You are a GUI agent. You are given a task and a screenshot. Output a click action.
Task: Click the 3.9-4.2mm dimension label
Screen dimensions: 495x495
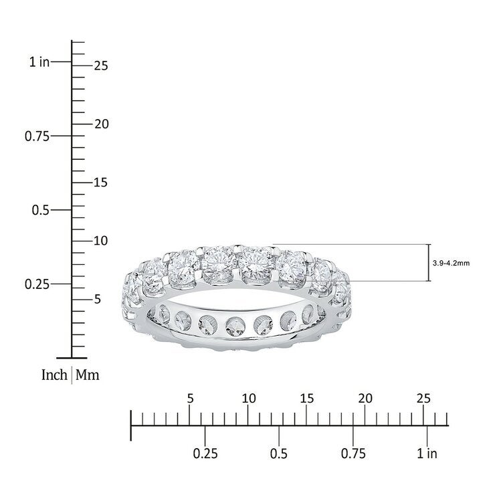[451, 263]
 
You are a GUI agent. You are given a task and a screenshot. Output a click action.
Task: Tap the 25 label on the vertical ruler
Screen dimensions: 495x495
[101, 66]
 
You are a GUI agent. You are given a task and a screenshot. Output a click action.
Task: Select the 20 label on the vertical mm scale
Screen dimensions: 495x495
[101, 124]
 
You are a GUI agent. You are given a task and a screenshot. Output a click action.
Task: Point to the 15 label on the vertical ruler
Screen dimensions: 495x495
[101, 183]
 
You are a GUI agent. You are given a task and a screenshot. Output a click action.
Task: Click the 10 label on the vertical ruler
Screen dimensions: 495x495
[101, 241]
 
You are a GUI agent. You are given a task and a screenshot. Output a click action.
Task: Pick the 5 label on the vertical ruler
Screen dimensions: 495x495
[98, 299]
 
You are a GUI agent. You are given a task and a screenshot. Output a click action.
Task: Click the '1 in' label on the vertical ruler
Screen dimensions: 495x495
[39, 62]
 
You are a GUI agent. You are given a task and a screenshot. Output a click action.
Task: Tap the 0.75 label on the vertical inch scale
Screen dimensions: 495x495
[37, 136]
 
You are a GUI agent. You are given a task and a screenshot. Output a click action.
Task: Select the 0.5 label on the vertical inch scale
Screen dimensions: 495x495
[41, 210]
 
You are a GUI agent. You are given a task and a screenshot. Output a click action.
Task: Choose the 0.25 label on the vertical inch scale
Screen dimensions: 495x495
[37, 284]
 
